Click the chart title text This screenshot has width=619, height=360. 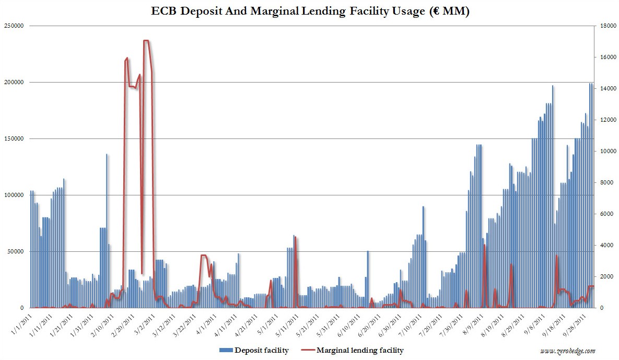point(309,12)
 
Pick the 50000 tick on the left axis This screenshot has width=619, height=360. point(16,251)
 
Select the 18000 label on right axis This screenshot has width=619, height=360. point(606,26)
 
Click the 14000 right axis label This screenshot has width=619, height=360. point(606,88)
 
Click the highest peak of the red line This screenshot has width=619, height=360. point(146,41)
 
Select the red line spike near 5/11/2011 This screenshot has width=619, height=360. point(296,238)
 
